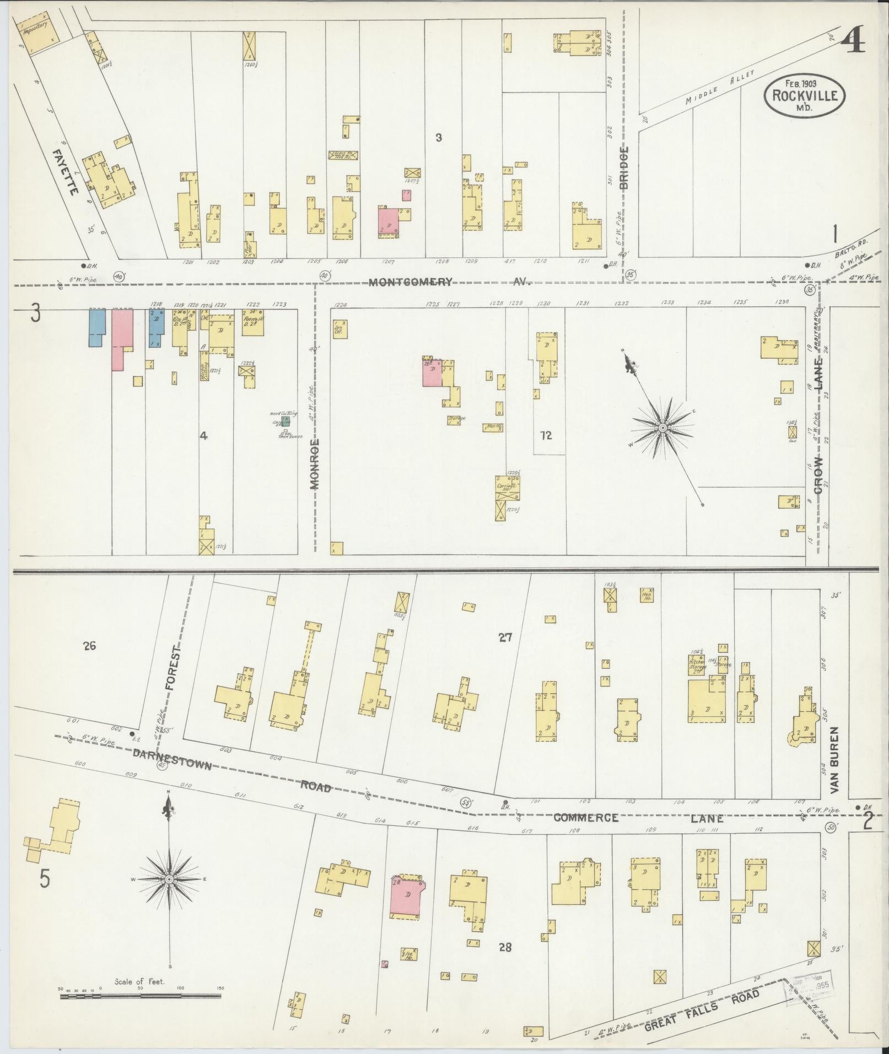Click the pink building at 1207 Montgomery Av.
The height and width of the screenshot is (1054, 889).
[389, 222]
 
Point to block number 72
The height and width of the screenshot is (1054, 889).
[546, 435]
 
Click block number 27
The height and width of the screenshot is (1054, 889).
[505, 637]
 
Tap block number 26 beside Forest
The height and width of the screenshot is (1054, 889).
[89, 646]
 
